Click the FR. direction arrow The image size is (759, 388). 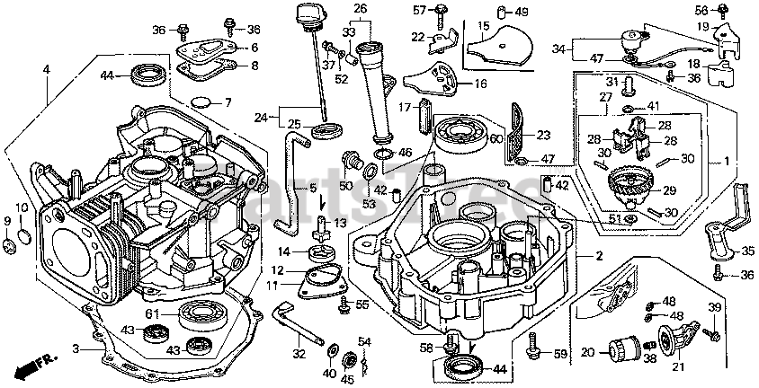(x=31, y=366)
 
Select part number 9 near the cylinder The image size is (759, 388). (x=7, y=221)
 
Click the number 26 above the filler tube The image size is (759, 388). (x=361, y=10)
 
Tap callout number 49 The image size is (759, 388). (x=522, y=12)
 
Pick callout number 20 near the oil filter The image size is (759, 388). (x=586, y=352)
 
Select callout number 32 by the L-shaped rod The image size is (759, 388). (x=299, y=353)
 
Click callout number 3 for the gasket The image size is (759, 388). (x=76, y=349)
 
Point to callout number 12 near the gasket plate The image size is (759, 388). (x=279, y=269)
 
